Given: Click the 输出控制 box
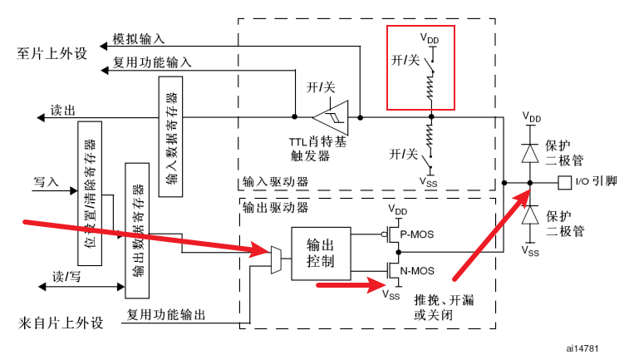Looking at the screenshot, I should (x=321, y=254).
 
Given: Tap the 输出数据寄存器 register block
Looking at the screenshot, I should (x=136, y=230).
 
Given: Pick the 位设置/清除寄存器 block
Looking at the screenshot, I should (x=89, y=193).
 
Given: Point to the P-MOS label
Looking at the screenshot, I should (x=415, y=234).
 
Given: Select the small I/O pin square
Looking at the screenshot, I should (x=564, y=181).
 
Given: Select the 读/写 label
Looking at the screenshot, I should (x=66, y=275).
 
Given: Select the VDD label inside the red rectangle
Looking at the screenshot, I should (x=429, y=38).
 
